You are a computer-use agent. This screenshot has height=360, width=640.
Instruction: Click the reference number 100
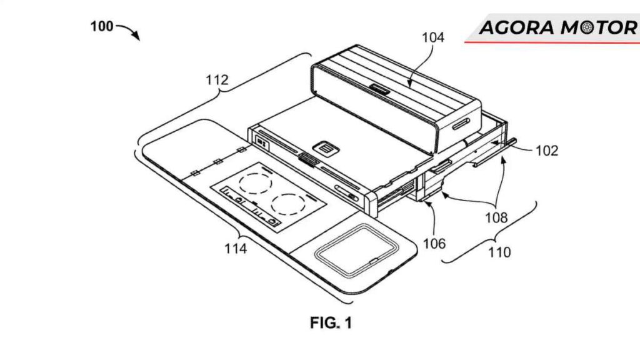point(102,26)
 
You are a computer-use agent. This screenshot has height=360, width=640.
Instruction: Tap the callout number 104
point(432,37)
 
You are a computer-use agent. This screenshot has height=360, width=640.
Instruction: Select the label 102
point(546,151)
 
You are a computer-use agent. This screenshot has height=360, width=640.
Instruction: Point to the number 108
point(496,217)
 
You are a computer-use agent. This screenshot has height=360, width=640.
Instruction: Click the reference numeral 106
point(434,244)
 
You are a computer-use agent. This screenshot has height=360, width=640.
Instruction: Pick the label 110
point(499,252)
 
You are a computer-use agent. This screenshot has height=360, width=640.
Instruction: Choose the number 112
point(217,79)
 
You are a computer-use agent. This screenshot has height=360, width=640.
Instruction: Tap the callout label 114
point(236,248)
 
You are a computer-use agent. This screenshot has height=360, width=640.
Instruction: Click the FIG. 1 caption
point(331,323)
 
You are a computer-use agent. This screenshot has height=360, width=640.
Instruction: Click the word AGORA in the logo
point(517,28)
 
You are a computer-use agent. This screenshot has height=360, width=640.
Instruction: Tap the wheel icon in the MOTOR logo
point(586,28)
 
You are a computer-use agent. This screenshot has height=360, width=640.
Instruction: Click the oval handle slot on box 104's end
point(461,124)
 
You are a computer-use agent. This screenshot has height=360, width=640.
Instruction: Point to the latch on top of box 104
point(379,89)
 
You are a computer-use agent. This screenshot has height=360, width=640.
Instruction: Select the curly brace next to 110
point(489,232)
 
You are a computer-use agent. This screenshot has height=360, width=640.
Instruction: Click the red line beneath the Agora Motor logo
point(552,42)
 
